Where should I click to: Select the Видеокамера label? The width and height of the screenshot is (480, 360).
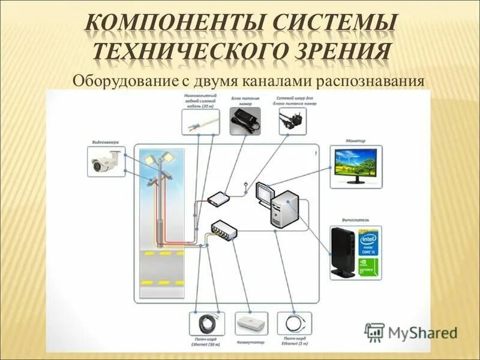(106, 142)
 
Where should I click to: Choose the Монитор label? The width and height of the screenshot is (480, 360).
(355, 141)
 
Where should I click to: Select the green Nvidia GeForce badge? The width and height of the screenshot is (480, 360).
(368, 266)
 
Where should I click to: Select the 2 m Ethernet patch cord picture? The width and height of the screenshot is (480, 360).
(294, 324)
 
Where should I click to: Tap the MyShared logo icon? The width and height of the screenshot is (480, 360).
(375, 332)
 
